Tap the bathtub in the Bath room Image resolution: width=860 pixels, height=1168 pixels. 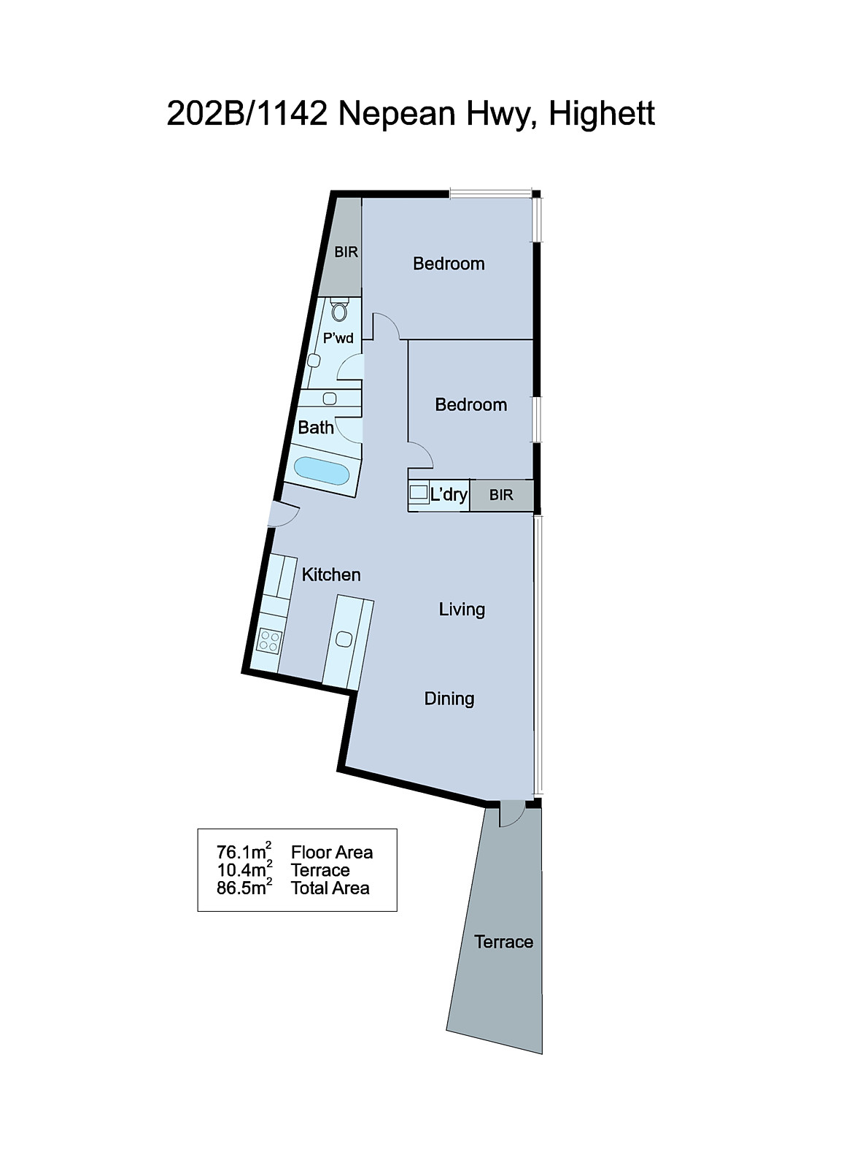coord(321,472)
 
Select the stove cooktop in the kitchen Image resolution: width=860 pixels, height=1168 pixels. coord(269,640)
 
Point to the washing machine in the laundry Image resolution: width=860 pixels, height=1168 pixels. coord(419,493)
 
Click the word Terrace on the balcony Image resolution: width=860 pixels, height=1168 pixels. coord(503,942)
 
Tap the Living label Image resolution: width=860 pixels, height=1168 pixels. coord(462,610)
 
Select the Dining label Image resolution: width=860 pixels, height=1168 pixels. coord(449,699)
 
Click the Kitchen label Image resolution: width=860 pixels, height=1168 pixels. coord(331,575)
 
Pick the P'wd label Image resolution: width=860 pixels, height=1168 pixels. coord(338,338)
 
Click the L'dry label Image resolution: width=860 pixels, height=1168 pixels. coord(449,494)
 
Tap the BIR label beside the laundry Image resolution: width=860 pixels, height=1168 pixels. coord(501,495)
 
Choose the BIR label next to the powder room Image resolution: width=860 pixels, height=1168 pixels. coord(346,252)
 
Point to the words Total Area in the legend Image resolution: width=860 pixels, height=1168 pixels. coord(330,888)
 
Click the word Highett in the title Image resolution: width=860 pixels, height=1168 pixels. coord(602,114)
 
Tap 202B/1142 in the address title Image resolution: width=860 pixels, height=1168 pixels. coord(247,114)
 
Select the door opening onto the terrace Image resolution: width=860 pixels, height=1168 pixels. coord(511,812)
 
